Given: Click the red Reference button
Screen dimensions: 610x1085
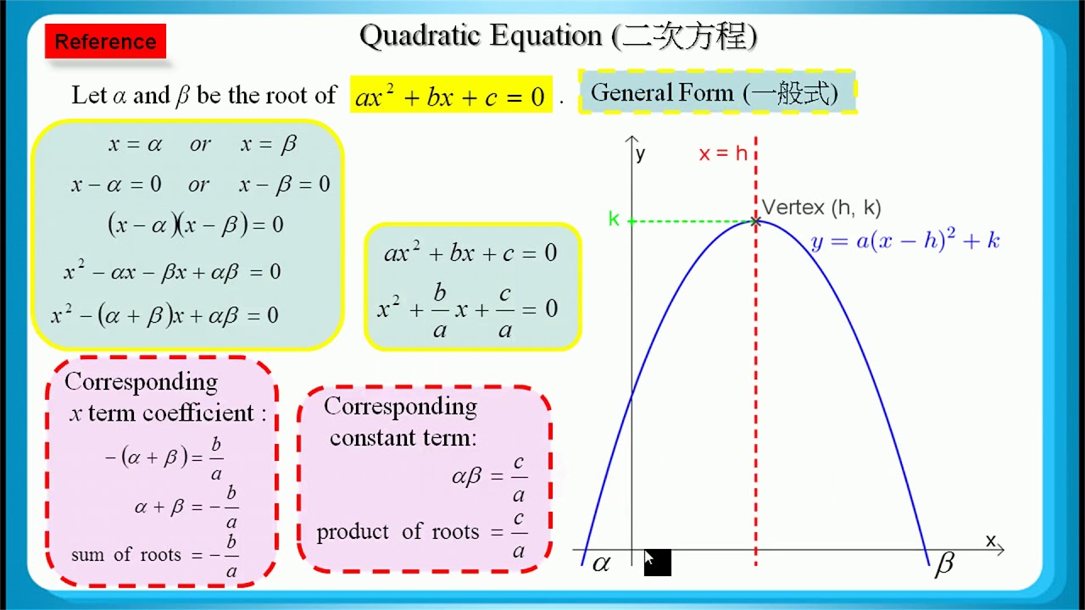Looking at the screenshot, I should (x=105, y=42).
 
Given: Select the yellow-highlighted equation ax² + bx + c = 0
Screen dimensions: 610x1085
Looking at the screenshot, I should (x=450, y=97).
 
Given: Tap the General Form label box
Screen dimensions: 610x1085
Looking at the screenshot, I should (x=715, y=92).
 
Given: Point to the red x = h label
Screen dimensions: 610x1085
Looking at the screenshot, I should (x=723, y=153).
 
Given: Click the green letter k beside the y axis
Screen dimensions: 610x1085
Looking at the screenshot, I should (x=614, y=219).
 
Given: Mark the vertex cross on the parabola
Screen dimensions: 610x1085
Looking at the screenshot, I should (x=755, y=221).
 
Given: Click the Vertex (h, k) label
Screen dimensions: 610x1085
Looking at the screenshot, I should (x=821, y=207).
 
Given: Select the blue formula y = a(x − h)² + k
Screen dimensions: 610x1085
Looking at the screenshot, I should (x=904, y=241).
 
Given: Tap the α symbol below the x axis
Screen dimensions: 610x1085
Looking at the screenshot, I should (x=601, y=563).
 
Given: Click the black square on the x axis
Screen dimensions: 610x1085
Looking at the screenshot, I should (x=658, y=563).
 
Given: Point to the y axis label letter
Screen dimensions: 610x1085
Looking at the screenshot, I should (x=640, y=154).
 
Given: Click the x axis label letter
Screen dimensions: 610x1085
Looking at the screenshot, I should (x=990, y=541).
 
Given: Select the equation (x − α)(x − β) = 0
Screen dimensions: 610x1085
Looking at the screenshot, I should (x=195, y=225).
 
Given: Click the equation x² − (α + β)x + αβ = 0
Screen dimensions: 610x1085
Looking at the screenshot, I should (x=164, y=315).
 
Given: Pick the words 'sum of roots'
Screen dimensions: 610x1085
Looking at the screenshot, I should (x=125, y=555).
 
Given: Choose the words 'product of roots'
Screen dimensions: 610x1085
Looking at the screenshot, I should (x=398, y=532).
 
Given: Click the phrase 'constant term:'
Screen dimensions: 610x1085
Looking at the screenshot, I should (x=403, y=438).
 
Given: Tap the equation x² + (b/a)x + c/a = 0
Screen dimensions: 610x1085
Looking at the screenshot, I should (x=467, y=310).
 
